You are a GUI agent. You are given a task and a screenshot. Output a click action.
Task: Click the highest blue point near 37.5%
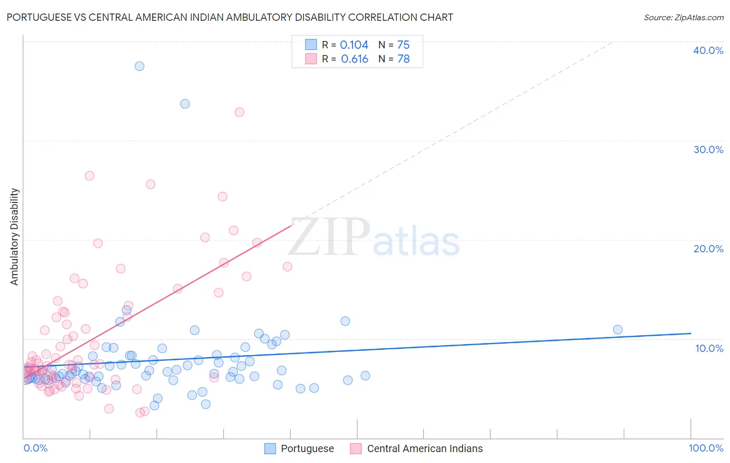[139, 66]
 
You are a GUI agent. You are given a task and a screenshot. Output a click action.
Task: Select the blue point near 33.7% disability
[185, 104]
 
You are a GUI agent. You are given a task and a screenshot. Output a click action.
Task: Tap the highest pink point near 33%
[239, 112]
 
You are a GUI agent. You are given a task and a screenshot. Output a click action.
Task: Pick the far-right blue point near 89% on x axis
[617, 330]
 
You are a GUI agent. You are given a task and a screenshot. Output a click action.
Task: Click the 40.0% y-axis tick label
[708, 50]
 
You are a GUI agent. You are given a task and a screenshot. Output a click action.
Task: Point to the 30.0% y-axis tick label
[708, 149]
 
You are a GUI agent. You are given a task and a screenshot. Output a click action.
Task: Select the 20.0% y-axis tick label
[708, 249]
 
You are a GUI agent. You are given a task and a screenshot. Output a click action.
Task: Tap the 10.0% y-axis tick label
[709, 348]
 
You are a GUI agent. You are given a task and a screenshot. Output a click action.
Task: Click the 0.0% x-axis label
[35, 448]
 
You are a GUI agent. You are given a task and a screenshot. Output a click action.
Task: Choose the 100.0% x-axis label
[706, 448]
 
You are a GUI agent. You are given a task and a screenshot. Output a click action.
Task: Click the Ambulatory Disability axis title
[15, 237]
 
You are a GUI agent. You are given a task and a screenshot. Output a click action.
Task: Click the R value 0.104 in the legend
[354, 45]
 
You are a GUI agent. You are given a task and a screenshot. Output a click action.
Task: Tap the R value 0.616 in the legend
[355, 59]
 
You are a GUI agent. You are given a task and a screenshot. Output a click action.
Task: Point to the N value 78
[403, 59]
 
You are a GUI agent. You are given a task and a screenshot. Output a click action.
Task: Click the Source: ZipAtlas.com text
[683, 18]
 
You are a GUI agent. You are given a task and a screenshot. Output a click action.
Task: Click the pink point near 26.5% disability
[89, 176]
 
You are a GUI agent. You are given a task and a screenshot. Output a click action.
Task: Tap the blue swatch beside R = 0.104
[311, 45]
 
